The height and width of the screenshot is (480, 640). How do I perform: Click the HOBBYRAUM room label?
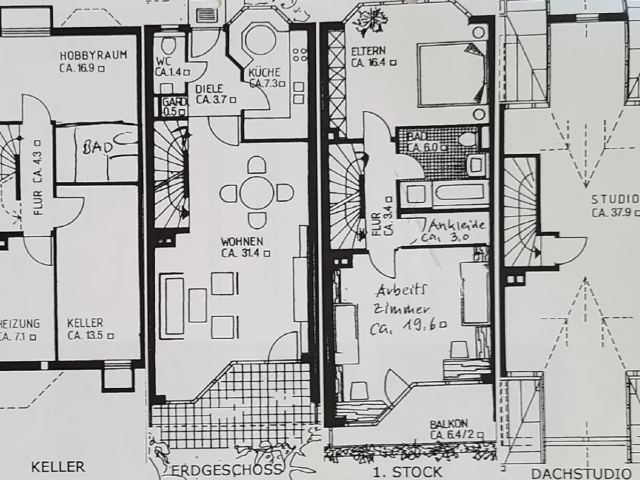point(93,55)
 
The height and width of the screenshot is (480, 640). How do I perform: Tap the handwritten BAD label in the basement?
point(98,148)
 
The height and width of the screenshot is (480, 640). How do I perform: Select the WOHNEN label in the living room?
point(242,242)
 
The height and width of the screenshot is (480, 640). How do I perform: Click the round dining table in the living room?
point(257,193)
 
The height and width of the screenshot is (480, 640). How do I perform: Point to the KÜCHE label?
point(264,73)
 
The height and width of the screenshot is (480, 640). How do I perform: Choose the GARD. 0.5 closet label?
point(174,107)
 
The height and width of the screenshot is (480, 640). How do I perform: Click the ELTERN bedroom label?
point(368,51)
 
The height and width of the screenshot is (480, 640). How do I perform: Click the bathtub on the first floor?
point(459,194)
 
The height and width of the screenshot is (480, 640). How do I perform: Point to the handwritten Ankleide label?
point(457,225)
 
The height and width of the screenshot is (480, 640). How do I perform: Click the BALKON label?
point(449,424)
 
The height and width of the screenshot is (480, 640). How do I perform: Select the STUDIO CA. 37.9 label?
point(616,206)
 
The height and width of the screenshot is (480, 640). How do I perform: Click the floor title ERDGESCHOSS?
point(227,469)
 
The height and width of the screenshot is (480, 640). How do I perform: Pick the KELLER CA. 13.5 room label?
point(90,329)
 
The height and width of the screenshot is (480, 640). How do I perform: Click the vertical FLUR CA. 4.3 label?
point(38,178)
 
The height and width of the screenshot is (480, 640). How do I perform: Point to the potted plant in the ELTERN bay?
point(369,22)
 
